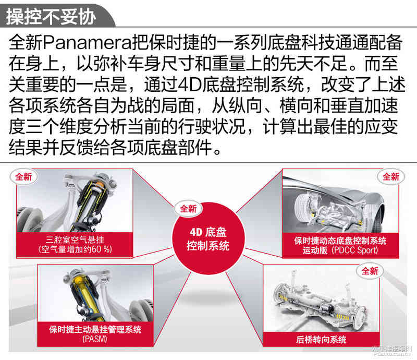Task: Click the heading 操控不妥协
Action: click(x=51, y=17)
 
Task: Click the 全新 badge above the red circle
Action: click(x=188, y=209)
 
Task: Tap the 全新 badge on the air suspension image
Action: click(x=23, y=177)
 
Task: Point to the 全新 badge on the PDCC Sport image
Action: click(x=391, y=176)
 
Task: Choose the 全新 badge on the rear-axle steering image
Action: click(x=370, y=271)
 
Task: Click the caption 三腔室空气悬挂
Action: click(x=75, y=239)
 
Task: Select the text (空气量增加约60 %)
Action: click(x=75, y=249)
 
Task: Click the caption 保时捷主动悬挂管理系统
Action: click(x=95, y=330)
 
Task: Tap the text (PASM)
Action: click(x=95, y=339)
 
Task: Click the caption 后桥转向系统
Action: click(x=321, y=340)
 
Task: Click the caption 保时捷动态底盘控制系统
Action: click(x=340, y=241)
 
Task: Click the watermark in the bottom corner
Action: click(x=393, y=351)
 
